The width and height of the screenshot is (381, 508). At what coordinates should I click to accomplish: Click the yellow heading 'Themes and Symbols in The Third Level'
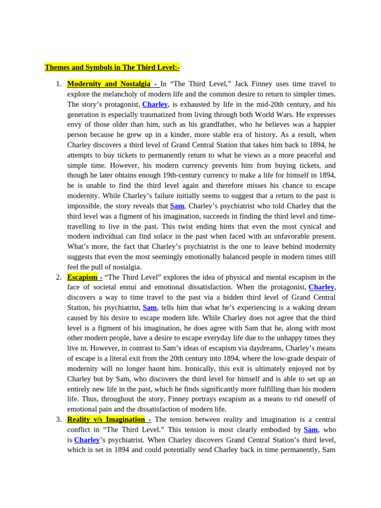(112, 67)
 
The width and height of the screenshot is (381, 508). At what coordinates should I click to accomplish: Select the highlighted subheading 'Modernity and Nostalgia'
(109, 84)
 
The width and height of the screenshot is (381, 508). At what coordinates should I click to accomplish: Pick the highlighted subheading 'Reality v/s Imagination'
(106, 419)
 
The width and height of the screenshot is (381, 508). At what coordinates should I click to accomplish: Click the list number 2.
(59, 277)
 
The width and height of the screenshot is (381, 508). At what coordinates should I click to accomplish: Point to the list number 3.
(59, 419)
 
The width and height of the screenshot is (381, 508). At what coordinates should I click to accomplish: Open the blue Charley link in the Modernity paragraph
(155, 104)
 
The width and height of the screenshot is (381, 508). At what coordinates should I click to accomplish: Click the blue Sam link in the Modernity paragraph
(177, 206)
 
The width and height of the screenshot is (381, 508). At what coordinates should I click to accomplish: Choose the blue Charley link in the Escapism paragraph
(321, 287)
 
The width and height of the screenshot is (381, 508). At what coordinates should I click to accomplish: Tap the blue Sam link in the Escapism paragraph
(150, 308)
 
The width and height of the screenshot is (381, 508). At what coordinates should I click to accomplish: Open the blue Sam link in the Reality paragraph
(311, 430)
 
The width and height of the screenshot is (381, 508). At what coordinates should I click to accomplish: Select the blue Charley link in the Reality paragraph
(87, 440)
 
